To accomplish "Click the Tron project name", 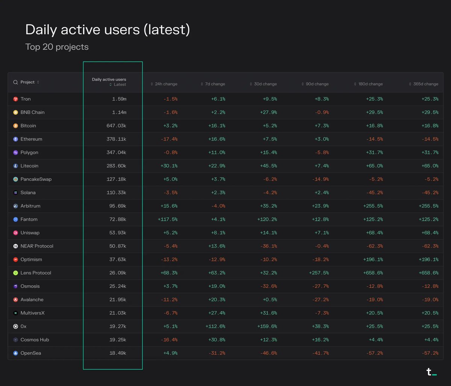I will (26, 99).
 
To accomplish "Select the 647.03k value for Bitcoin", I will (116, 126).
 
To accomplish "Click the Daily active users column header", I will (109, 79).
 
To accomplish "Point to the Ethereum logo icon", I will (15, 139).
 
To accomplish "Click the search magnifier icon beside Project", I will (15, 82).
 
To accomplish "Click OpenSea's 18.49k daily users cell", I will (118, 353).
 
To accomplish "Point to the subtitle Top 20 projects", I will (57, 47).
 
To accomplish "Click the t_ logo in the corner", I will (431, 372).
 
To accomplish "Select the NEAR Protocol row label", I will (37, 246).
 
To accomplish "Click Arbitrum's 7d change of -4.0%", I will (218, 206).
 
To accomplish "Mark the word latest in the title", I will (166, 30).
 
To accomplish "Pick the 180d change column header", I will (370, 84).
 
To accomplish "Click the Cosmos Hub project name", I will (35, 340).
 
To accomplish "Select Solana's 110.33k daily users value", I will (116, 192).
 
